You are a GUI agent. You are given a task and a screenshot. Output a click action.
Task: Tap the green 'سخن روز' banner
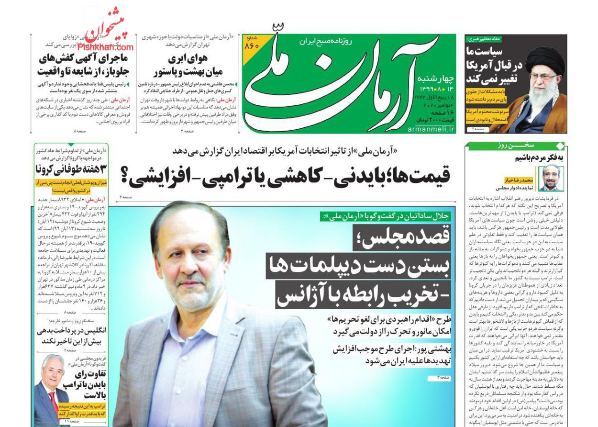tap(515, 145)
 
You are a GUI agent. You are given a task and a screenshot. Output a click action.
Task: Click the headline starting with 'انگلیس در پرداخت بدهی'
tap(72, 335)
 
